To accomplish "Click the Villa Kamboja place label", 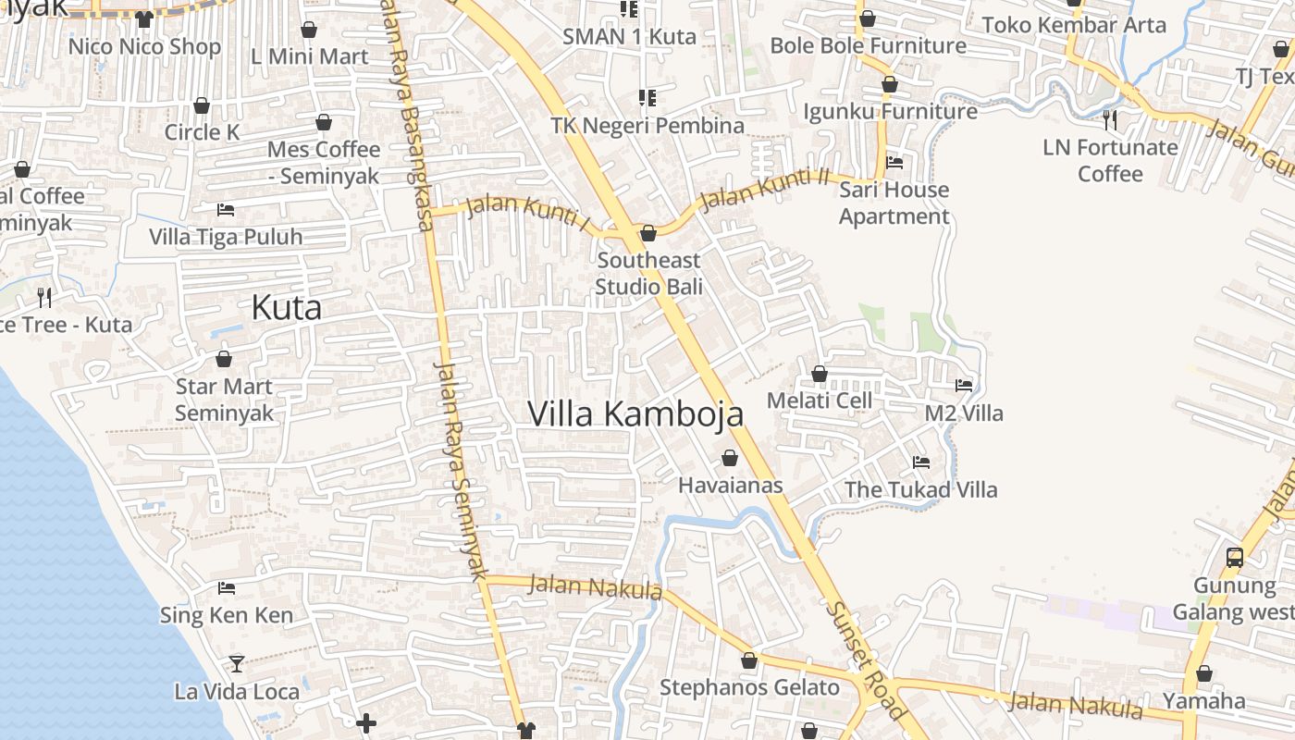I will (635, 413).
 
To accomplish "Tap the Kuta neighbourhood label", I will (287, 308).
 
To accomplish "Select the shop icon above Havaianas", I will (730, 458).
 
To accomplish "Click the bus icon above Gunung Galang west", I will (1235, 557).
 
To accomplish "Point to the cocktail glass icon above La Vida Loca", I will (237, 663).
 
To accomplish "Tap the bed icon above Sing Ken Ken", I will (227, 587).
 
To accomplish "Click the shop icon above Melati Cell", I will (819, 374).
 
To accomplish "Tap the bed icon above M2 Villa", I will (964, 385).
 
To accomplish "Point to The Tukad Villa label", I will (920, 489).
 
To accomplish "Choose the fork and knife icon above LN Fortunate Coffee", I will (1110, 119).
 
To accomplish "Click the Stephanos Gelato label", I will (749, 688).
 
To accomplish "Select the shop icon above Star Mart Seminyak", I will (224, 359).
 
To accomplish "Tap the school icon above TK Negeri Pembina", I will (647, 97).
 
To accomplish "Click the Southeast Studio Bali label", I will (648, 274).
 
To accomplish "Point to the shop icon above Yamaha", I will (1204, 673).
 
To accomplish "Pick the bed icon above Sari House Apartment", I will (894, 163).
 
